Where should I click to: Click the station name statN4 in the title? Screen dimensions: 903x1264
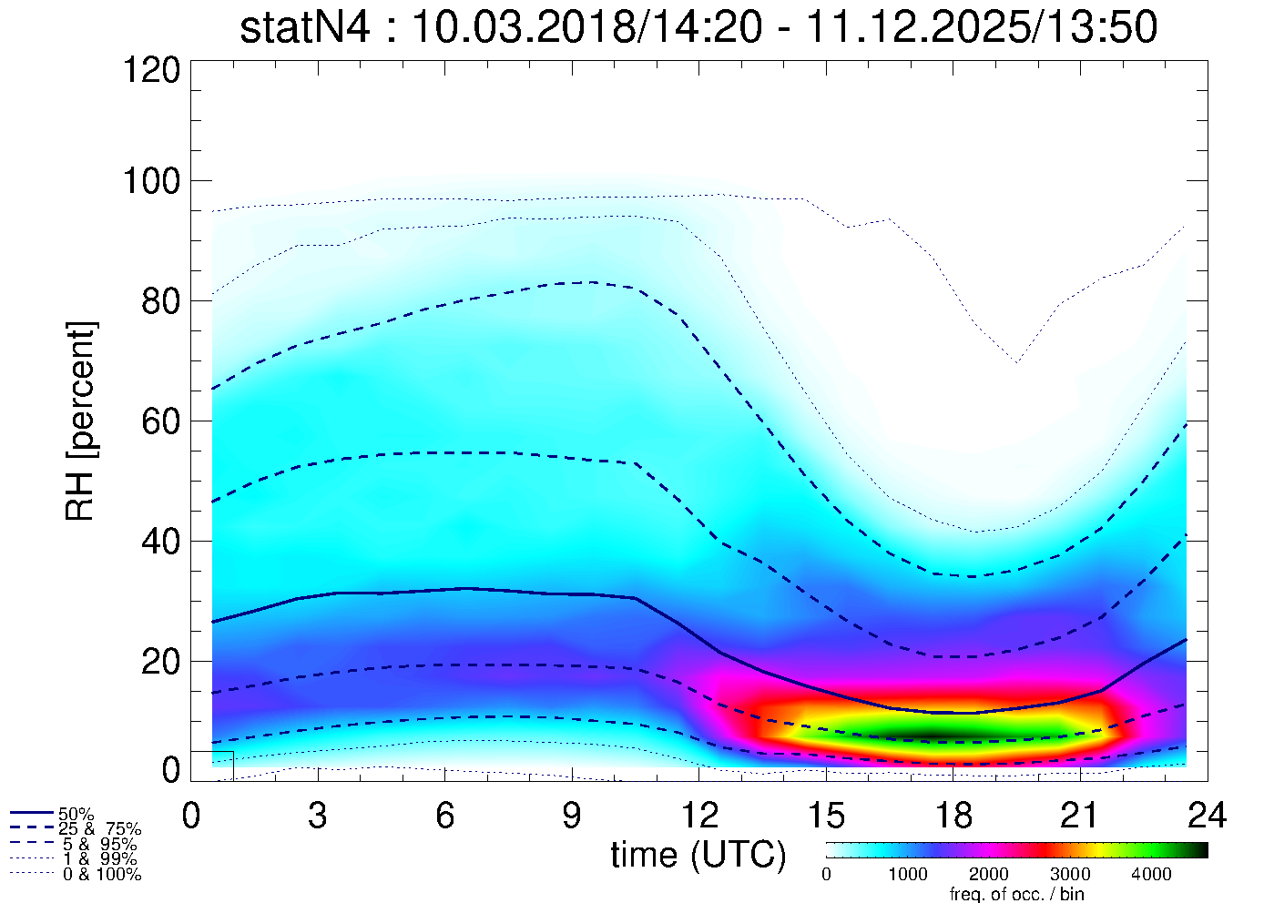(x=305, y=28)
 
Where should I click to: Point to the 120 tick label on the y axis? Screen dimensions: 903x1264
(x=150, y=69)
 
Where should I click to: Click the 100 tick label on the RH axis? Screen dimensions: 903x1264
(x=150, y=181)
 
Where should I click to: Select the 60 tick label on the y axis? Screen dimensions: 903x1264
(x=160, y=421)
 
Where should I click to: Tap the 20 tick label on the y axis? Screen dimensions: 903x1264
(x=160, y=661)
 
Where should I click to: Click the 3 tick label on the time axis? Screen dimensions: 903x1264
(x=317, y=816)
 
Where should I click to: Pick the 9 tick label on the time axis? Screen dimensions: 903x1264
(x=571, y=816)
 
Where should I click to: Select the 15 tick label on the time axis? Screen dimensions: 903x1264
(x=825, y=816)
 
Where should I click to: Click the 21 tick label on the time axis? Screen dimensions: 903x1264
(x=1079, y=816)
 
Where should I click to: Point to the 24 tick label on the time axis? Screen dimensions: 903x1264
(x=1206, y=816)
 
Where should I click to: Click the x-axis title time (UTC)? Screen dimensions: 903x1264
(x=698, y=855)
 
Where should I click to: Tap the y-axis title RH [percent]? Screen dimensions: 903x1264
(x=81, y=421)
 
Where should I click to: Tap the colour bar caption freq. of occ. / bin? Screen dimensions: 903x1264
(x=1015, y=894)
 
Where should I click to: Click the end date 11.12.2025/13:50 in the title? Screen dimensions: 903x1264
(x=982, y=28)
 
